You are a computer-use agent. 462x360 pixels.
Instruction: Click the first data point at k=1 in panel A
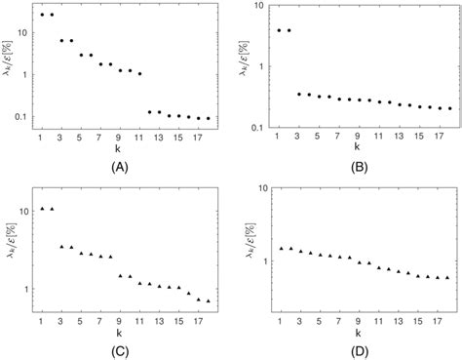(x=42, y=15)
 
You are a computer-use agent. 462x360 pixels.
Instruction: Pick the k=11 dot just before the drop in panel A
(x=139, y=74)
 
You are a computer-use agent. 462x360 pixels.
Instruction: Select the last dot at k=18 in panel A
(x=208, y=118)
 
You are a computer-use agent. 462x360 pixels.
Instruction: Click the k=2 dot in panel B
(x=289, y=30)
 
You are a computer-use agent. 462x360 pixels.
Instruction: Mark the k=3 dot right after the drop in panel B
(x=299, y=94)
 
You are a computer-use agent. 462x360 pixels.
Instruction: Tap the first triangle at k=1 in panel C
(x=42, y=209)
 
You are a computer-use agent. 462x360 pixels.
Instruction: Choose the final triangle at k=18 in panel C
(x=208, y=300)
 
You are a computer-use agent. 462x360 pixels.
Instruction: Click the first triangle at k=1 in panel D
(x=280, y=248)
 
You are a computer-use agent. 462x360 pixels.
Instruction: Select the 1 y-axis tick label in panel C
(x=27, y=289)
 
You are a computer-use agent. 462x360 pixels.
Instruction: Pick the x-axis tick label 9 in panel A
(x=120, y=139)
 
